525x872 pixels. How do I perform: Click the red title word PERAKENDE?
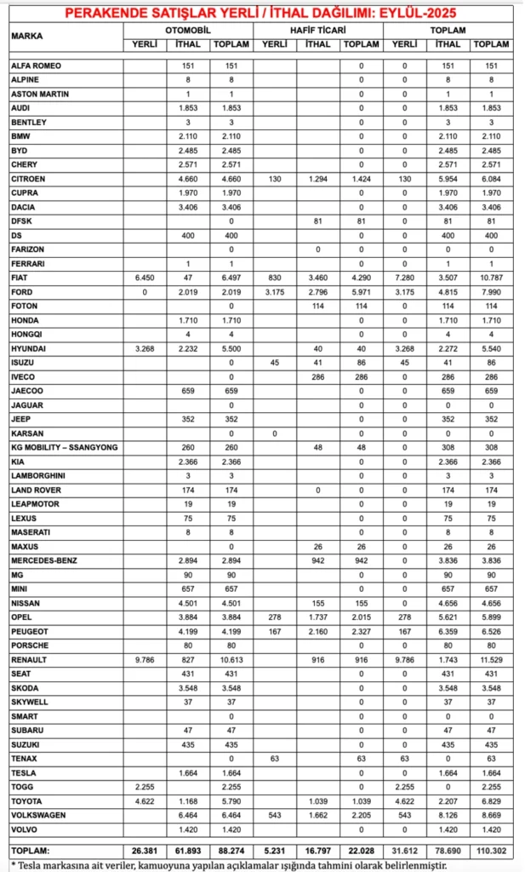pyautogui.click(x=106, y=14)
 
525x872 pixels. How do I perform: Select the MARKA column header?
pyautogui.click(x=27, y=37)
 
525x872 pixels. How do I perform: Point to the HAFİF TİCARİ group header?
pyautogui.click(x=319, y=29)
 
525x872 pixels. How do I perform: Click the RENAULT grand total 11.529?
pyautogui.click(x=491, y=660)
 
